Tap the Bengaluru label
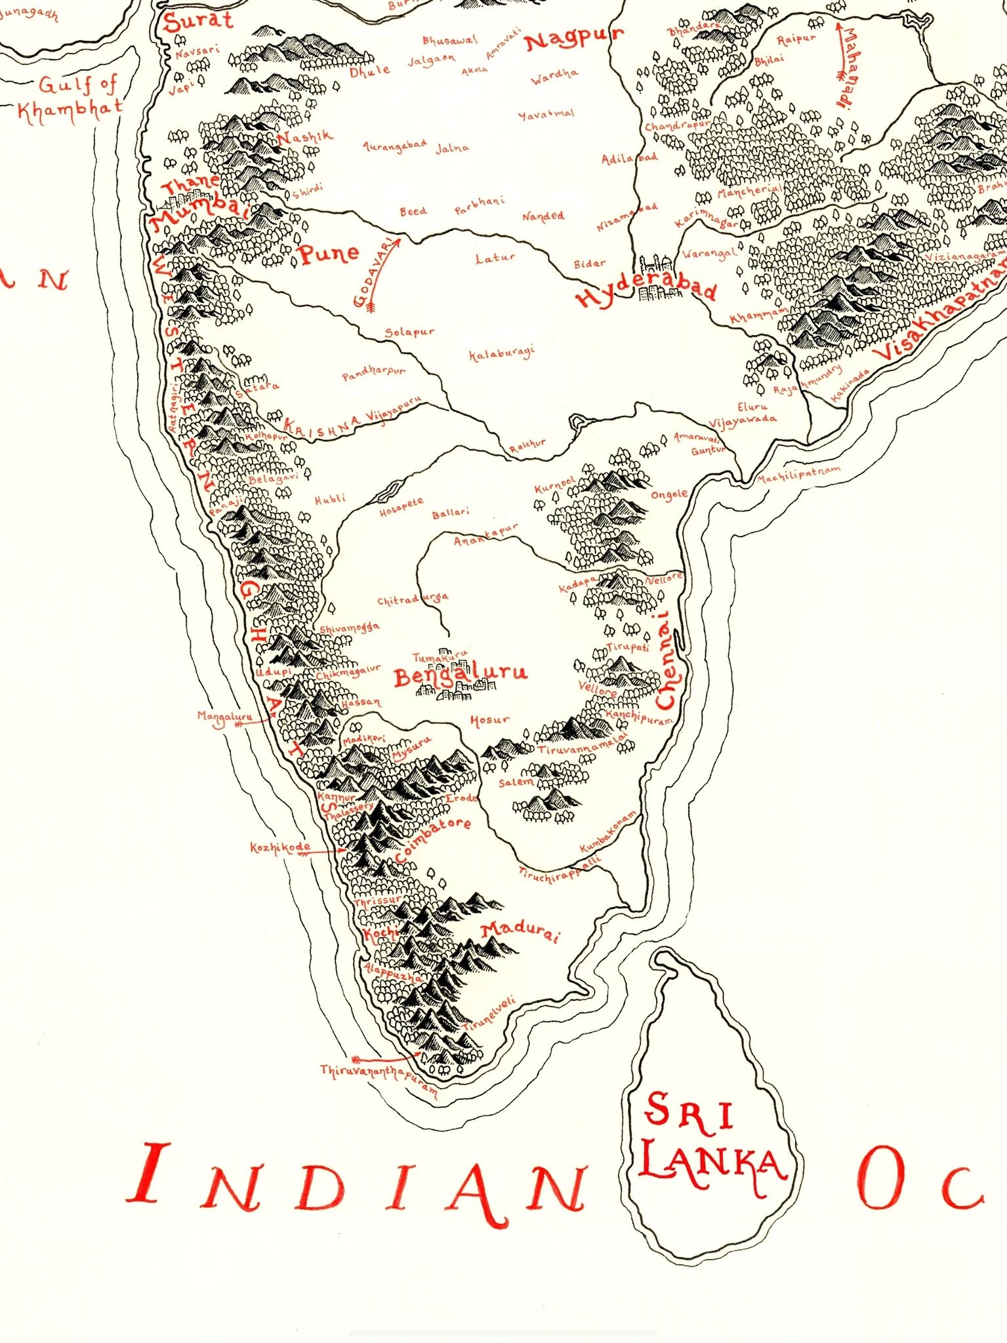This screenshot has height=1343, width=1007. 461,674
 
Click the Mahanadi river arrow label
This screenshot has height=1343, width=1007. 846,66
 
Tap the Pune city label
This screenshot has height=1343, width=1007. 329,254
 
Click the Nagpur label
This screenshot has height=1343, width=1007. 573,39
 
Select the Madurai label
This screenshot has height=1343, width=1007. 520,932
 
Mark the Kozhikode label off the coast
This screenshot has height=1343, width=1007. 279,848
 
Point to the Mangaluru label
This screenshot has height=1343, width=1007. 224,717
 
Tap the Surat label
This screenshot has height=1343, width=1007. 198,21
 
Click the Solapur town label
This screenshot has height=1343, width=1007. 409,332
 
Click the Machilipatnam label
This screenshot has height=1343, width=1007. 798,475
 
